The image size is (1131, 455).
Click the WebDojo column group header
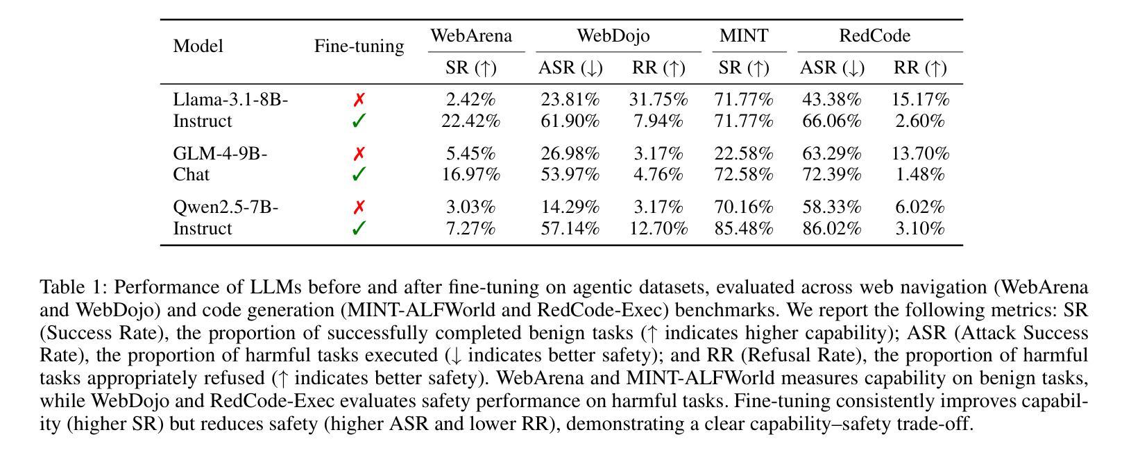click(x=613, y=36)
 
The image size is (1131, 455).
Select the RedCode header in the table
click(x=874, y=36)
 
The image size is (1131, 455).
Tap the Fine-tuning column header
click(x=359, y=46)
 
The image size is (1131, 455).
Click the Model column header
click(x=198, y=46)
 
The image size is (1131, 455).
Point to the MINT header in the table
click(x=744, y=36)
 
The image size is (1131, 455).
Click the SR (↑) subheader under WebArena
click(x=471, y=68)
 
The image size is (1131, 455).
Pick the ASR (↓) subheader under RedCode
click(x=832, y=68)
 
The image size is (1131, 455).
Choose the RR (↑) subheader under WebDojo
click(x=658, y=68)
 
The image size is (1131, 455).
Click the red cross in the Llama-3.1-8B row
click(x=359, y=100)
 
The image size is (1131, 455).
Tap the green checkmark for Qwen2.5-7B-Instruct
click(x=359, y=228)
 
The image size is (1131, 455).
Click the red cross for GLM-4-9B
click(x=359, y=153)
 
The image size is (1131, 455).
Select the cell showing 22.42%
click(x=470, y=121)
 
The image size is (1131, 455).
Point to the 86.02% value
click(x=831, y=229)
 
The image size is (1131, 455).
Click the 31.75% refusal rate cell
click(x=658, y=99)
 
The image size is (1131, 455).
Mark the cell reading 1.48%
click(x=920, y=175)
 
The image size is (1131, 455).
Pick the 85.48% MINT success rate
click(x=744, y=229)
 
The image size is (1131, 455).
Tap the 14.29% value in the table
click(x=570, y=207)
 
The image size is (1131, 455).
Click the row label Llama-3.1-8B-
click(x=230, y=99)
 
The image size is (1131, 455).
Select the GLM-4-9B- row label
click(x=220, y=153)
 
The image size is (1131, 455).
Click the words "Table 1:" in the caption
click(x=74, y=287)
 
